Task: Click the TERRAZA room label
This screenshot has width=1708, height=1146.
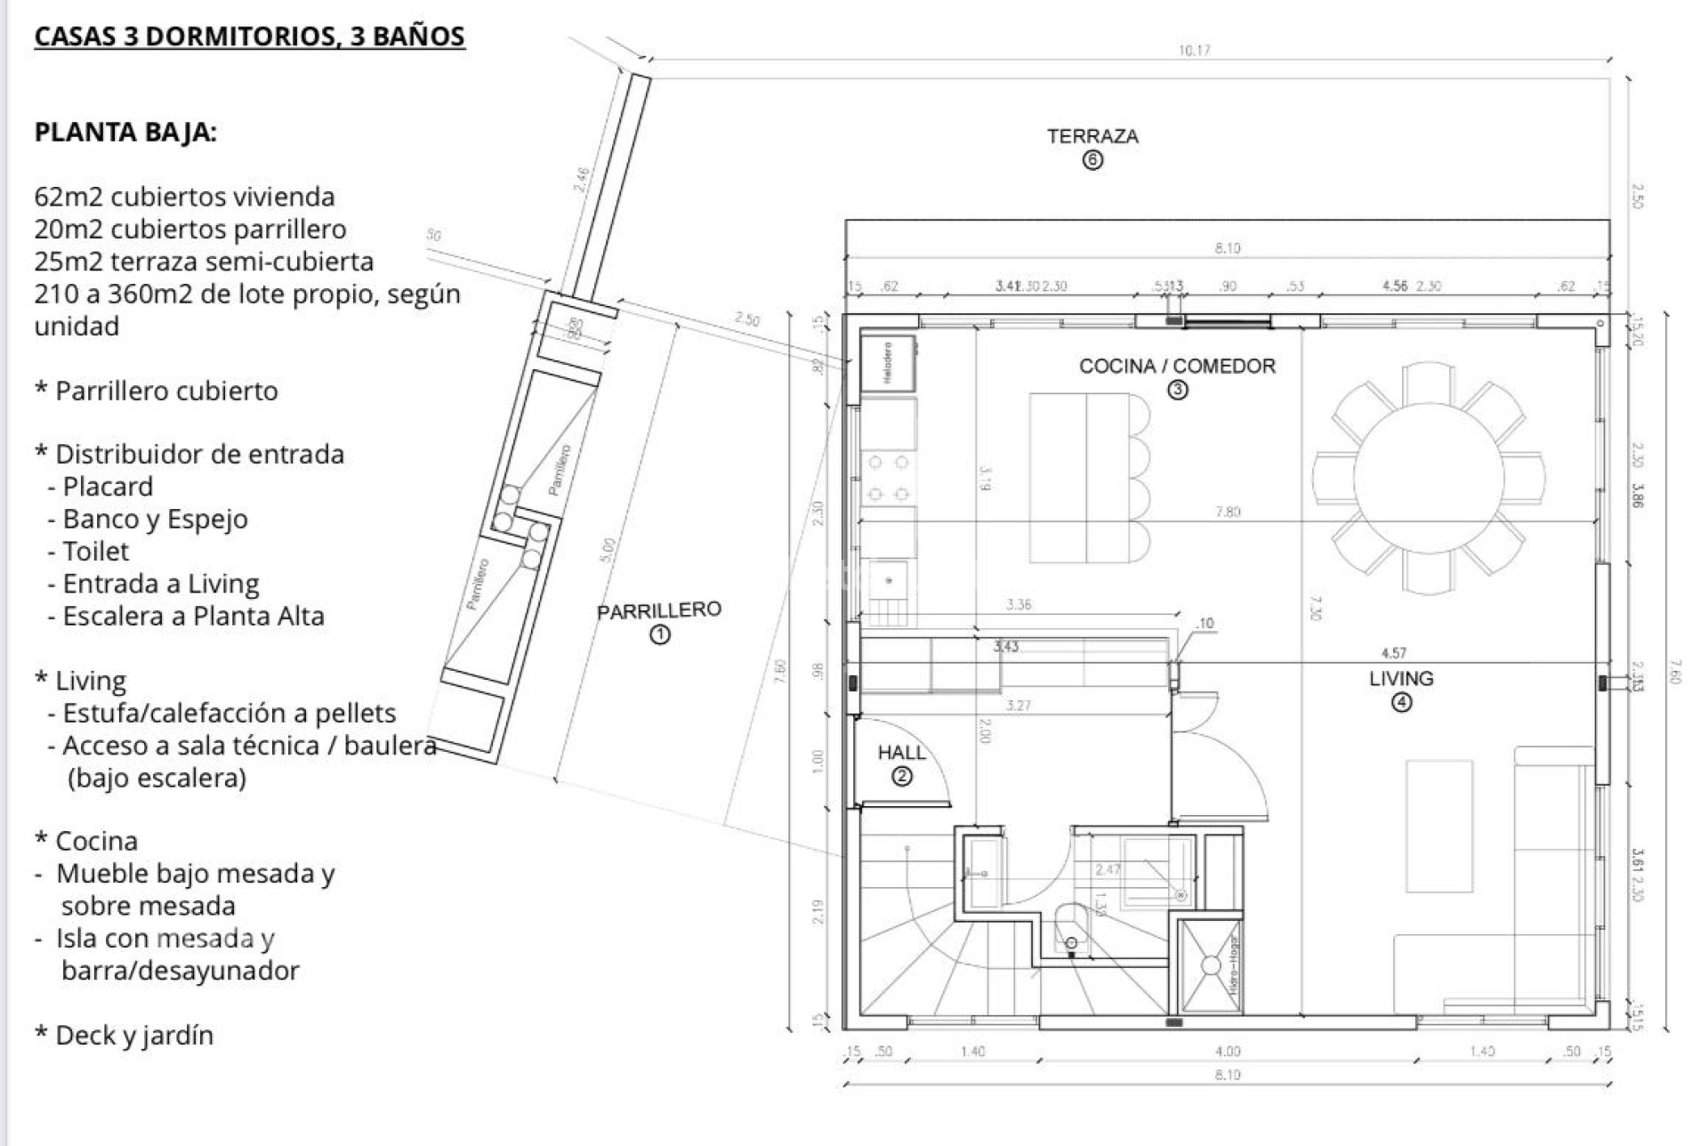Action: point(1092,136)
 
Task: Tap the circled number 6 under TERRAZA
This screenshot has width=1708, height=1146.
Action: point(1092,161)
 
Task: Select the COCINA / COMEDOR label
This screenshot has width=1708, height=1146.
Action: point(1177,366)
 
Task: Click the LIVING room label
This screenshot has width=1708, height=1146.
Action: point(1401,678)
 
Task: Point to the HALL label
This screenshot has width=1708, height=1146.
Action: point(901,753)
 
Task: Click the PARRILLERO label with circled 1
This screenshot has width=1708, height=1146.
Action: point(659,611)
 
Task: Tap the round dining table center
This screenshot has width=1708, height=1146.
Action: point(1429,479)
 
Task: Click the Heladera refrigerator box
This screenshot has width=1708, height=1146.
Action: point(888,363)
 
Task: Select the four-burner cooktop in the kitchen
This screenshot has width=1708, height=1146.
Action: point(888,478)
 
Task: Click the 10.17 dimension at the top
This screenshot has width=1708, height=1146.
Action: point(1194,51)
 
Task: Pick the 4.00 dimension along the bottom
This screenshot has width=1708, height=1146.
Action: point(1228,1052)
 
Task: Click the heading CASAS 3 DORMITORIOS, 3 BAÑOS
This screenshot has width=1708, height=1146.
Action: point(249,36)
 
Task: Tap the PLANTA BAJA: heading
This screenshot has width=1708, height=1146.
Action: point(125,133)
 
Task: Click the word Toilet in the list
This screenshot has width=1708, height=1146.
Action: point(95,552)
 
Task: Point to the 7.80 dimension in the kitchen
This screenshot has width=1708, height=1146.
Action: point(1228,512)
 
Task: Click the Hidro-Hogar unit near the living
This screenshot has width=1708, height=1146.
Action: point(1211,966)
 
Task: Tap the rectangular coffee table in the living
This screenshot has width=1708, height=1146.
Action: point(1439,826)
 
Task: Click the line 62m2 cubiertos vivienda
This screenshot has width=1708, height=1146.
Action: point(184,197)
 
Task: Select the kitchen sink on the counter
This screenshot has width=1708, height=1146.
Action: point(889,582)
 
